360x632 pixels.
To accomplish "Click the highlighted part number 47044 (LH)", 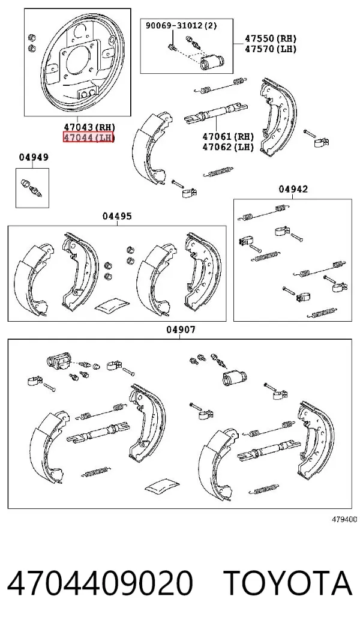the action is click(89, 137).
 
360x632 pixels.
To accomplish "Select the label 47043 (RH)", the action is click(89, 127).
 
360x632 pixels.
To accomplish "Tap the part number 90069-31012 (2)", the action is click(181, 26).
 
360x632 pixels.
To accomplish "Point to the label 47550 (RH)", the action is click(271, 38).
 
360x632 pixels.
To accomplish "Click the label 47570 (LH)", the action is click(271, 49).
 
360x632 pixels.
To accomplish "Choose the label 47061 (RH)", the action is click(228, 137).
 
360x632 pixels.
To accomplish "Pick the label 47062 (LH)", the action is click(228, 146).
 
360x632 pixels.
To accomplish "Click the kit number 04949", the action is click(34, 158).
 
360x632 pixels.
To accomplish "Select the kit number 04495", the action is click(117, 216).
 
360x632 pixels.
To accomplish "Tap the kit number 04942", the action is click(293, 189).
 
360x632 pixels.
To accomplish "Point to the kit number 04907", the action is click(181, 330).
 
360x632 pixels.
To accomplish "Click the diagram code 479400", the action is click(344, 520).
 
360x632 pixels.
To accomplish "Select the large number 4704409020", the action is click(100, 583).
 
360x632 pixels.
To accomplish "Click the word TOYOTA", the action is click(288, 583).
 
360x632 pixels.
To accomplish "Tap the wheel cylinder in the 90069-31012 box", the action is click(212, 62).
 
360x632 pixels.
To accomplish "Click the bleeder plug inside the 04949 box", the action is click(31, 188).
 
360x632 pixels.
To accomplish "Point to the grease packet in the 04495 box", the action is click(112, 306).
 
